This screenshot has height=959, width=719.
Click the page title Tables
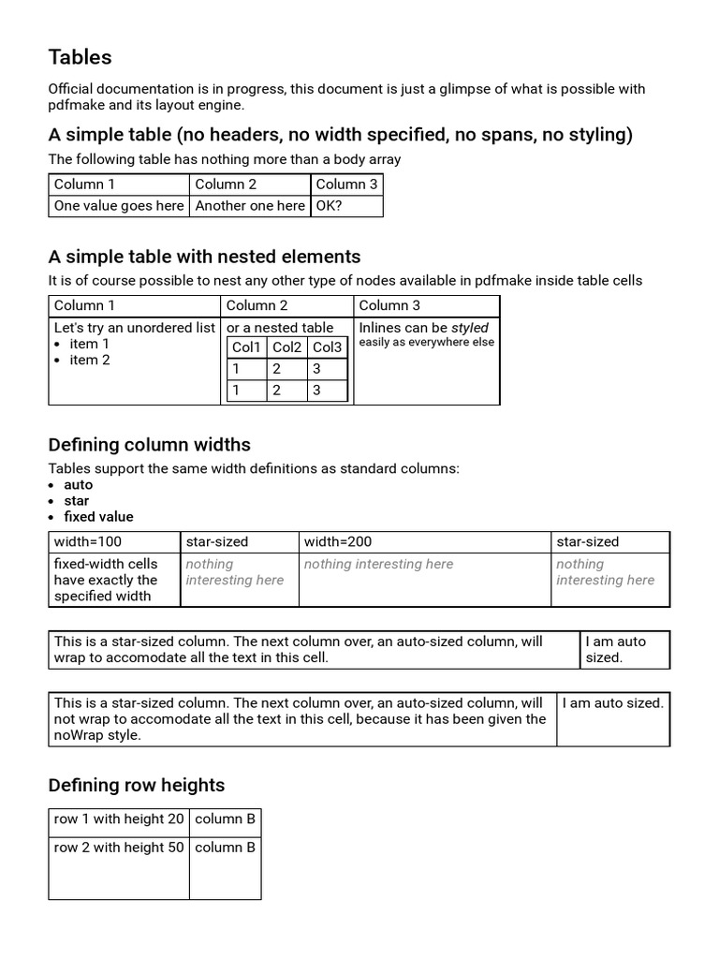[x=80, y=57]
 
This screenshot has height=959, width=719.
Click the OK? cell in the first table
[x=330, y=205]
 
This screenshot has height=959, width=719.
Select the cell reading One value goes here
[x=119, y=205]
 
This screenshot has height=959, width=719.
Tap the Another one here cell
[x=250, y=205]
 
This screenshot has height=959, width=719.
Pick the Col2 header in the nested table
[x=287, y=347]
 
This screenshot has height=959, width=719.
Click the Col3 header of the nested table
[x=328, y=347]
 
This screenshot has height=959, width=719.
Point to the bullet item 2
[x=90, y=360]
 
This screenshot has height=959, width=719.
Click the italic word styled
[x=470, y=328]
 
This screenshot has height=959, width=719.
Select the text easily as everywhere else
[x=427, y=342]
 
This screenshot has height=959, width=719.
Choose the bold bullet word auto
[x=79, y=484]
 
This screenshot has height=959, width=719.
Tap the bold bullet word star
[x=77, y=500]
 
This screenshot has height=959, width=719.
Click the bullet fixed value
[x=98, y=516]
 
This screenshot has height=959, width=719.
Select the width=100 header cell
[x=88, y=541]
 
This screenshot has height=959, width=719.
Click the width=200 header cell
[x=338, y=541]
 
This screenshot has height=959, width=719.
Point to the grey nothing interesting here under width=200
[x=378, y=564]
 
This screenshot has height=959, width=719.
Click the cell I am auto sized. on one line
[x=612, y=702]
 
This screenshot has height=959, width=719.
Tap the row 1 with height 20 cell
[x=119, y=819]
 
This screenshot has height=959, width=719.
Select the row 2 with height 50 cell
[x=119, y=847]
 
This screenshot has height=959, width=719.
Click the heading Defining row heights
[x=137, y=785]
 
